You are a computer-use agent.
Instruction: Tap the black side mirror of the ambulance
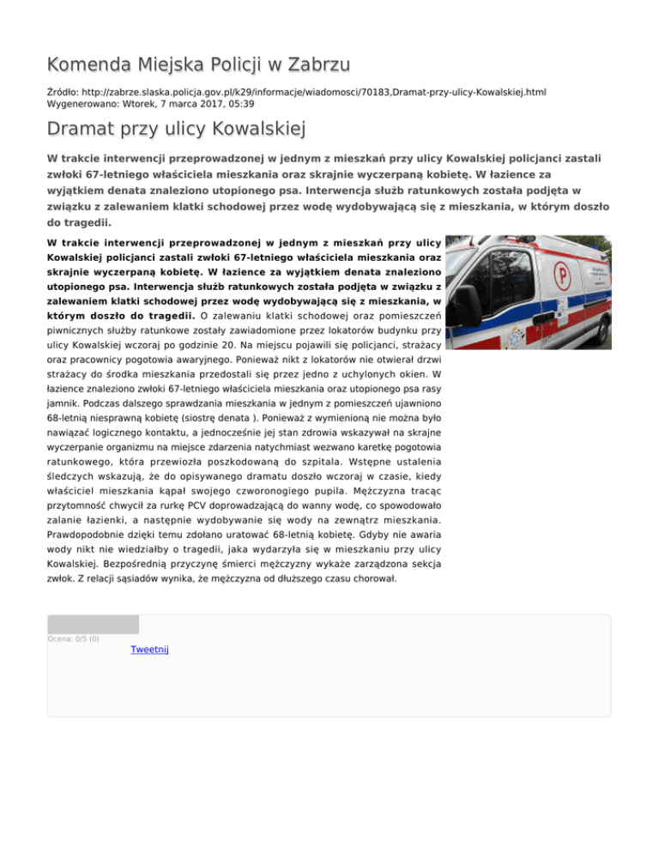click(x=469, y=306)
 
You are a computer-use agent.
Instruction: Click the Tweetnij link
click(x=149, y=650)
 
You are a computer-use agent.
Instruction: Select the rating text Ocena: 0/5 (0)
click(x=73, y=638)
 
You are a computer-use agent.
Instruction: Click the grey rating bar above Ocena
click(x=93, y=623)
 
